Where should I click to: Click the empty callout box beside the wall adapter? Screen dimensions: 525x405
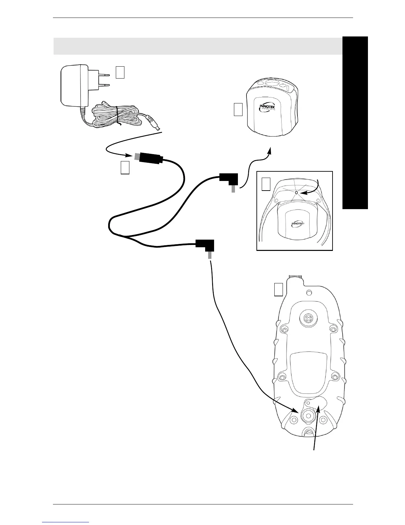pos(120,72)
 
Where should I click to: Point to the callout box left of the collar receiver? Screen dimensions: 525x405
pos(238,109)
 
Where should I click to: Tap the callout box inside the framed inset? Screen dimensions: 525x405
pos(266,184)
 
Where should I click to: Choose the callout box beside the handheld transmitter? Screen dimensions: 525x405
pos(279,289)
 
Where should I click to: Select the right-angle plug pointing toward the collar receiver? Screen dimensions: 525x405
pos(229,181)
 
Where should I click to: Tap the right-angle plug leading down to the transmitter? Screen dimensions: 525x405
pos(205,247)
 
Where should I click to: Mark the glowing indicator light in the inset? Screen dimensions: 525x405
pos(296,192)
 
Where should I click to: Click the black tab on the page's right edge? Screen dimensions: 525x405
pos(355,123)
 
